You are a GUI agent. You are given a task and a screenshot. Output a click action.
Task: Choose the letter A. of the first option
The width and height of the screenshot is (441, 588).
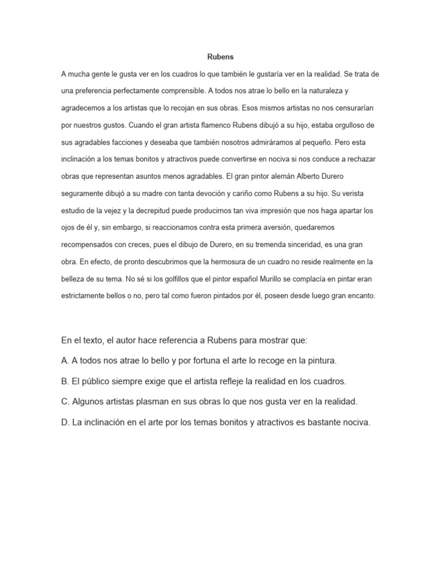coord(65,361)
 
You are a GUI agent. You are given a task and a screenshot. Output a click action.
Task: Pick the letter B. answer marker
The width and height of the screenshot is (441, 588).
coord(65,381)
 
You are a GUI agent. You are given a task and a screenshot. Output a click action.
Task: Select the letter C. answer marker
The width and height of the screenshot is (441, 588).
coord(65,401)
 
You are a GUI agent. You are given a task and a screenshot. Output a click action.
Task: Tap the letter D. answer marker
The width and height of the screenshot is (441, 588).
coord(65,422)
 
